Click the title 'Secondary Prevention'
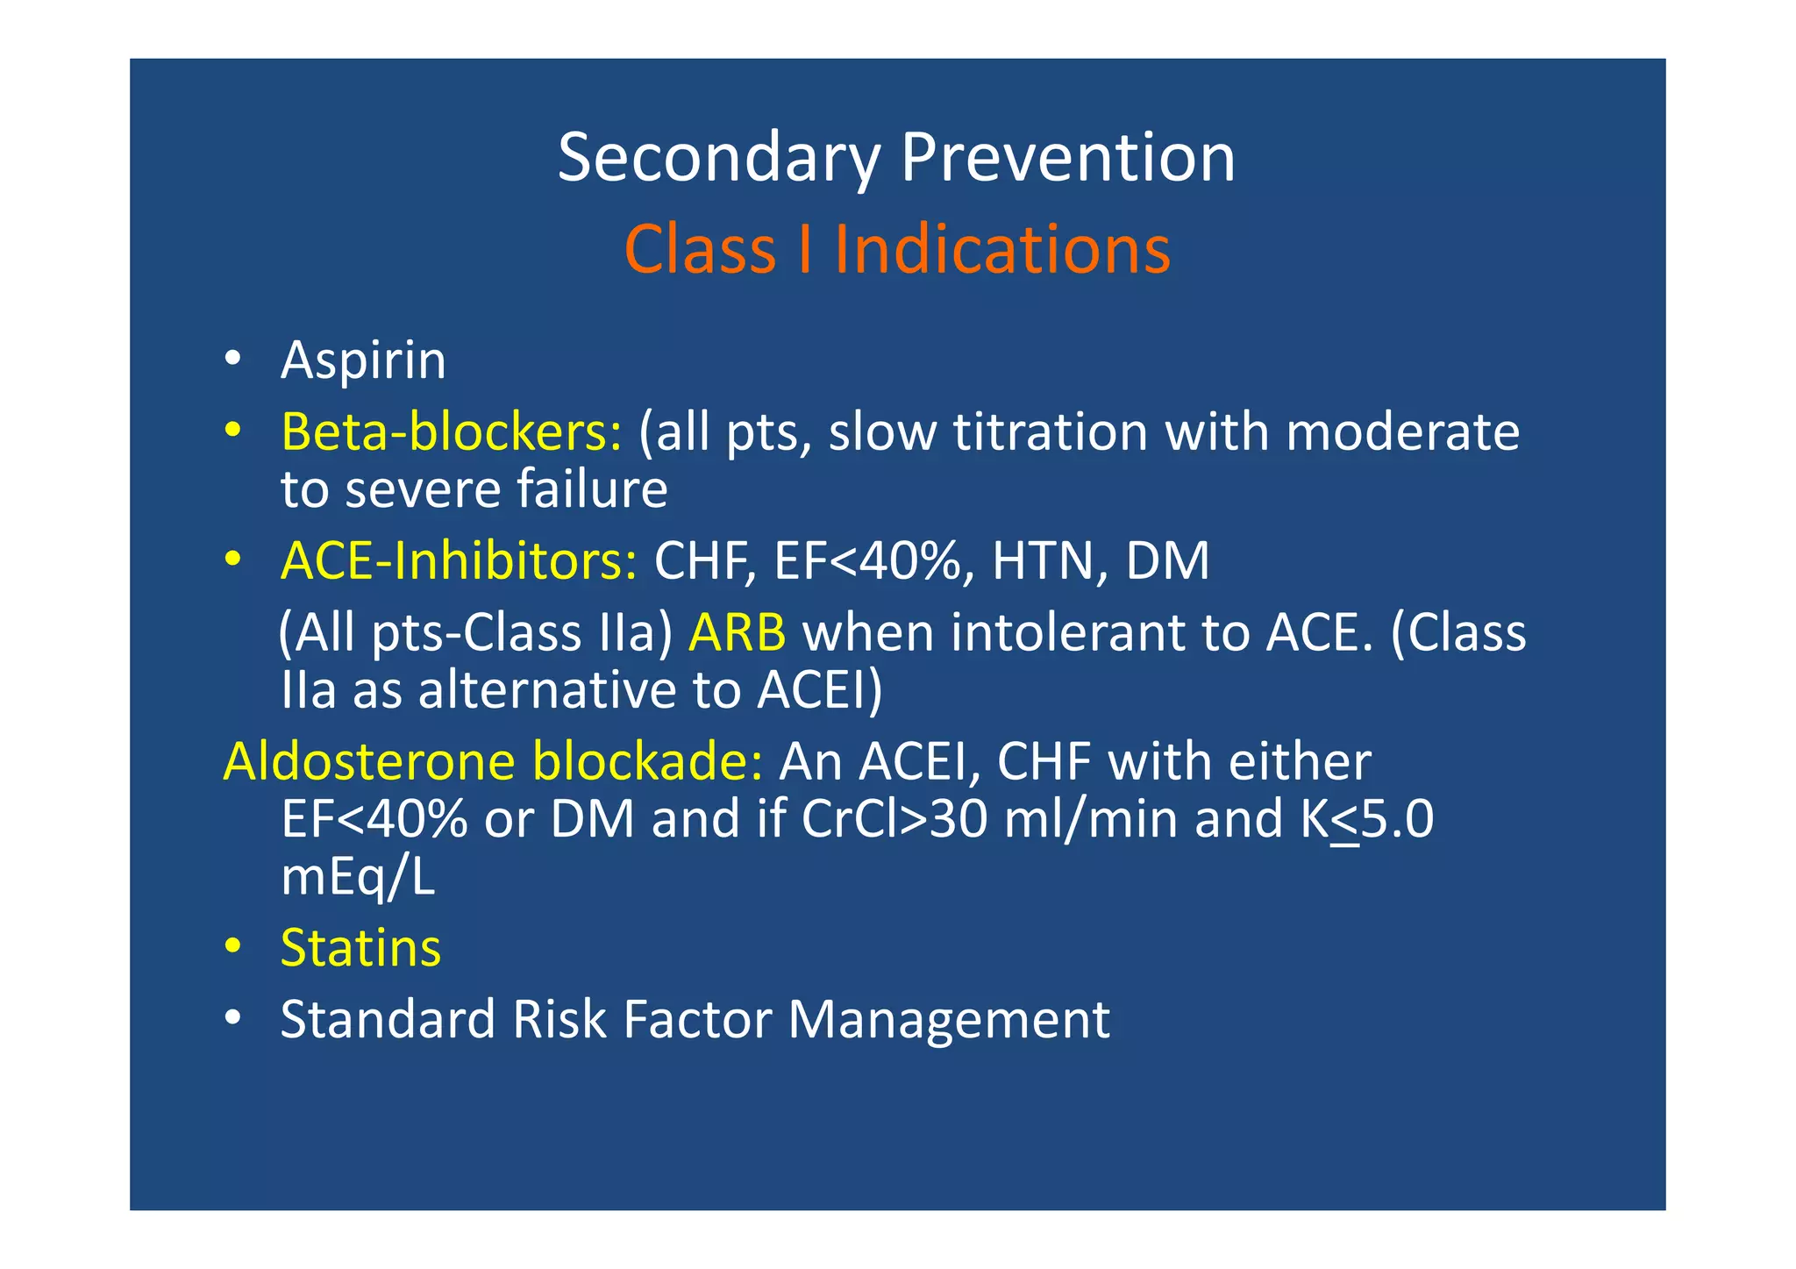tap(896, 158)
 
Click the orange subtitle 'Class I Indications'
tap(896, 249)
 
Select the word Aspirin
tap(363, 360)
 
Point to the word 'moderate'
tap(1402, 432)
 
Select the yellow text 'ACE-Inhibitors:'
tap(459, 560)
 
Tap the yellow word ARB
tap(737, 633)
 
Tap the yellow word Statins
tap(360, 948)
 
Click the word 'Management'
tap(949, 1020)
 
